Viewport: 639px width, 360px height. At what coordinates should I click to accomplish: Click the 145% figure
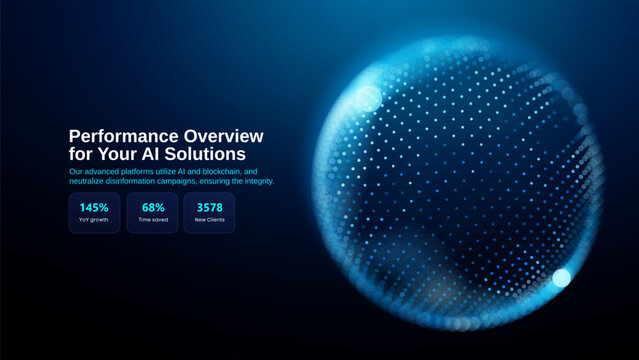94,208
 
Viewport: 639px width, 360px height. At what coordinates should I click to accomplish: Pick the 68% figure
152,208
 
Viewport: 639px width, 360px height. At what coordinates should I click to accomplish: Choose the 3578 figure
209,208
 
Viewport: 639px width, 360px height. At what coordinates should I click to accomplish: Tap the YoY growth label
94,220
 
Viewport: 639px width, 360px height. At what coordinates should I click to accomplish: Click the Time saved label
152,220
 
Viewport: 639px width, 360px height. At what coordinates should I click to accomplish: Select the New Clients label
209,220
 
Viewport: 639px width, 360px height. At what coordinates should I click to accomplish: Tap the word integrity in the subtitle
256,181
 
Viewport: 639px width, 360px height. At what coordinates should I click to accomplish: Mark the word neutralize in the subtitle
88,181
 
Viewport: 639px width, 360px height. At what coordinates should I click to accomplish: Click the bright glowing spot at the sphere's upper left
368,97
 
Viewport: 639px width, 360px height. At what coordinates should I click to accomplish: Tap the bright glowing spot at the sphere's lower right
561,277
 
